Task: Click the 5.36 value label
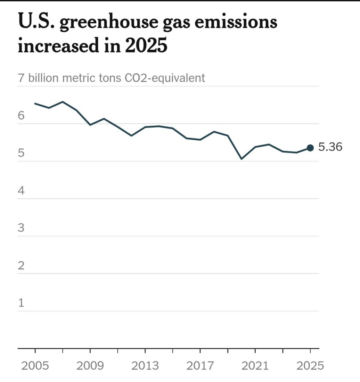(330, 147)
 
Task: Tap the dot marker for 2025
(310, 148)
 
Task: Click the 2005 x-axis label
(35, 366)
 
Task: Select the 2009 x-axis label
(90, 366)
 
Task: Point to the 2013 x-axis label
(145, 366)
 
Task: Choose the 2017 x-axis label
(200, 366)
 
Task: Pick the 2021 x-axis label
(255, 366)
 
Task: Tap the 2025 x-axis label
(310, 366)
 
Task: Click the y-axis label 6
(21, 116)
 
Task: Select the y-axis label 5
(21, 153)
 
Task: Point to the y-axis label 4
(21, 191)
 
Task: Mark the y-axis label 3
(21, 228)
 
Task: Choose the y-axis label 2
(21, 266)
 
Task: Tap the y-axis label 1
(21, 303)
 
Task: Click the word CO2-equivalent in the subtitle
(165, 78)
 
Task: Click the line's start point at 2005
(35, 103)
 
